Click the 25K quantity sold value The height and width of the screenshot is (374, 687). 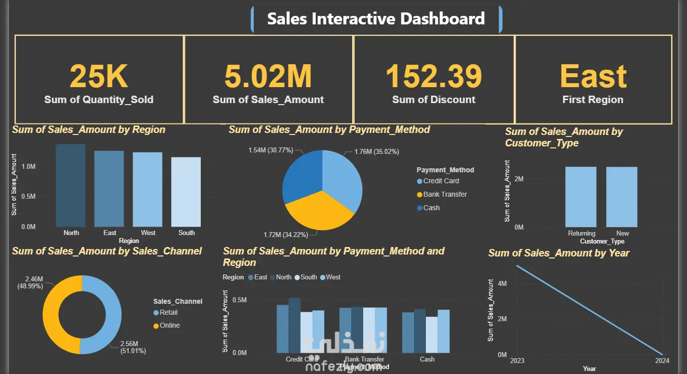pos(99,77)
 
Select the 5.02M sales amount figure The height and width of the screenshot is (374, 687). pos(268,77)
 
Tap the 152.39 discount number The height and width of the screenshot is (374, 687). pos(434,77)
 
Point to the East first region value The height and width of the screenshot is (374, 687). pos(593,77)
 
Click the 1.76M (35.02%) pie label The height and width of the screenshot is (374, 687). pos(377,151)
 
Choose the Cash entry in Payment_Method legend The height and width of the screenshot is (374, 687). pos(431,208)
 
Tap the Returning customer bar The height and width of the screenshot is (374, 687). pos(580,197)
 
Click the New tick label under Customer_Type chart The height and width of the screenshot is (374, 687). pos(623,234)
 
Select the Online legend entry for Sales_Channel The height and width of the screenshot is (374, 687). pos(169,325)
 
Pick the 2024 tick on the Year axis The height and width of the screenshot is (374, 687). pos(662,361)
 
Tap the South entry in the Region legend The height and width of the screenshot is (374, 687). pos(308,277)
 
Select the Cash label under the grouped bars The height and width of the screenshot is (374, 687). pos(427,359)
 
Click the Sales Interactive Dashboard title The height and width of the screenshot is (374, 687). pos(376,19)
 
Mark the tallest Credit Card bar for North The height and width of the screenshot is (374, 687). pos(294,325)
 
